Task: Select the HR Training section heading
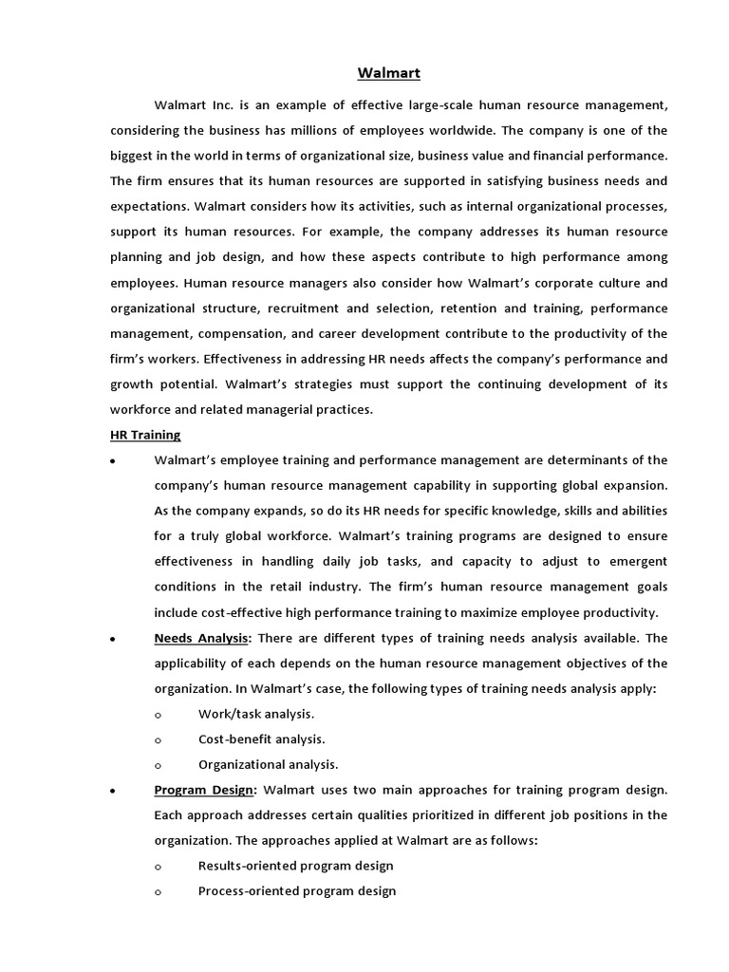145,435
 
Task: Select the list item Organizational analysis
268,764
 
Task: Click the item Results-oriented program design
295,866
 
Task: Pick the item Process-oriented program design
297,890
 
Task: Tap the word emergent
632,561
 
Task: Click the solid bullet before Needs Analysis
114,639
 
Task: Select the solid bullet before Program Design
114,791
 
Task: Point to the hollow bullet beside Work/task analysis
158,715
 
